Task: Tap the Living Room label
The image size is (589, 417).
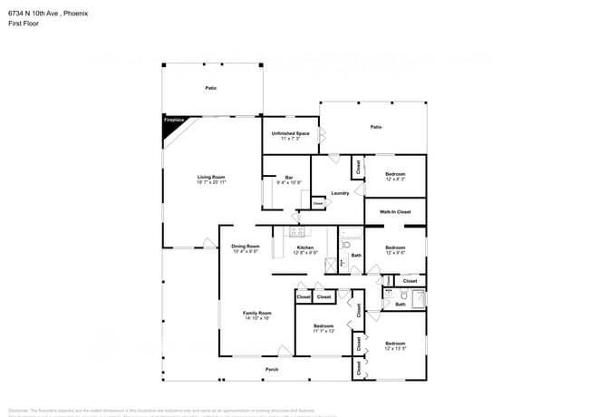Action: (x=211, y=177)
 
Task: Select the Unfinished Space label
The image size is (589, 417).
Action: (x=291, y=133)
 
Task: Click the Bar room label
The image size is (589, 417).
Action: (x=289, y=177)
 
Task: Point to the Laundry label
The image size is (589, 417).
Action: (x=340, y=193)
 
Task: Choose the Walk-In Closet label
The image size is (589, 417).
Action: (x=394, y=211)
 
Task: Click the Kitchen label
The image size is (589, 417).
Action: (x=305, y=247)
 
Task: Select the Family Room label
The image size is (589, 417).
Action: (x=256, y=313)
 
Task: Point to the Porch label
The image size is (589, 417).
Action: (x=271, y=370)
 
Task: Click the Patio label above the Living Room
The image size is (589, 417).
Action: (x=210, y=88)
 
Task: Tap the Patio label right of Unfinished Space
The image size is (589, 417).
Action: (x=375, y=127)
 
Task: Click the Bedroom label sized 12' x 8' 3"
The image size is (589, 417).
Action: (x=394, y=173)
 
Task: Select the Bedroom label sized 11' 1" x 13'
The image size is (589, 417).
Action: (x=323, y=325)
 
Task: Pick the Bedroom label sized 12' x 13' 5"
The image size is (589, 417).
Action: (x=394, y=343)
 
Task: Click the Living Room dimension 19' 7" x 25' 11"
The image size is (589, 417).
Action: (x=211, y=182)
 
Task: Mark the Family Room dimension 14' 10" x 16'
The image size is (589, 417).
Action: (x=256, y=318)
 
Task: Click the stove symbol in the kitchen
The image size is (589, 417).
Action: (x=298, y=231)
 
